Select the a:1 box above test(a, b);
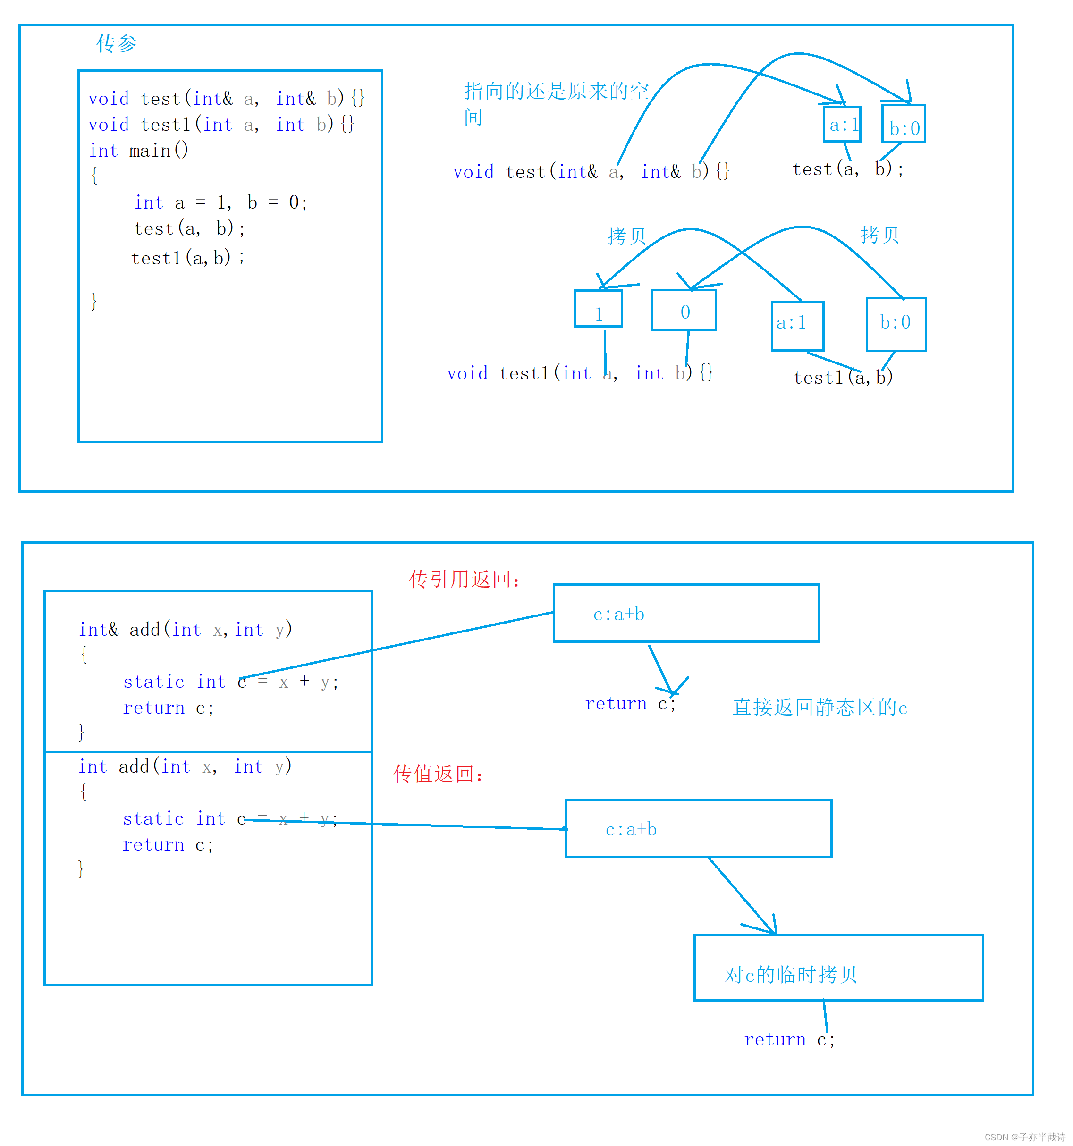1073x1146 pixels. [x=842, y=124]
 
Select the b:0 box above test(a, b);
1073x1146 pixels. [x=904, y=124]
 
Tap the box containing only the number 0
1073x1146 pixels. [x=684, y=310]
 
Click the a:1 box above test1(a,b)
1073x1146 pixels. [x=797, y=326]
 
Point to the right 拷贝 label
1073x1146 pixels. [x=879, y=235]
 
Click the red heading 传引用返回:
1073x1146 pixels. [x=464, y=579]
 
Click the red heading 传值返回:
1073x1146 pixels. [x=438, y=774]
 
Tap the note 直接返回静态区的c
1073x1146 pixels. [x=820, y=708]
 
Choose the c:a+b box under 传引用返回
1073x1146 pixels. [x=686, y=613]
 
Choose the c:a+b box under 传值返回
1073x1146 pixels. [x=698, y=828]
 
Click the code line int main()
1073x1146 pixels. [x=138, y=151]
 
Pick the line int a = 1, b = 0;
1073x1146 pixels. [x=221, y=202]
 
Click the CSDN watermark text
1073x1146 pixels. [x=1024, y=1137]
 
